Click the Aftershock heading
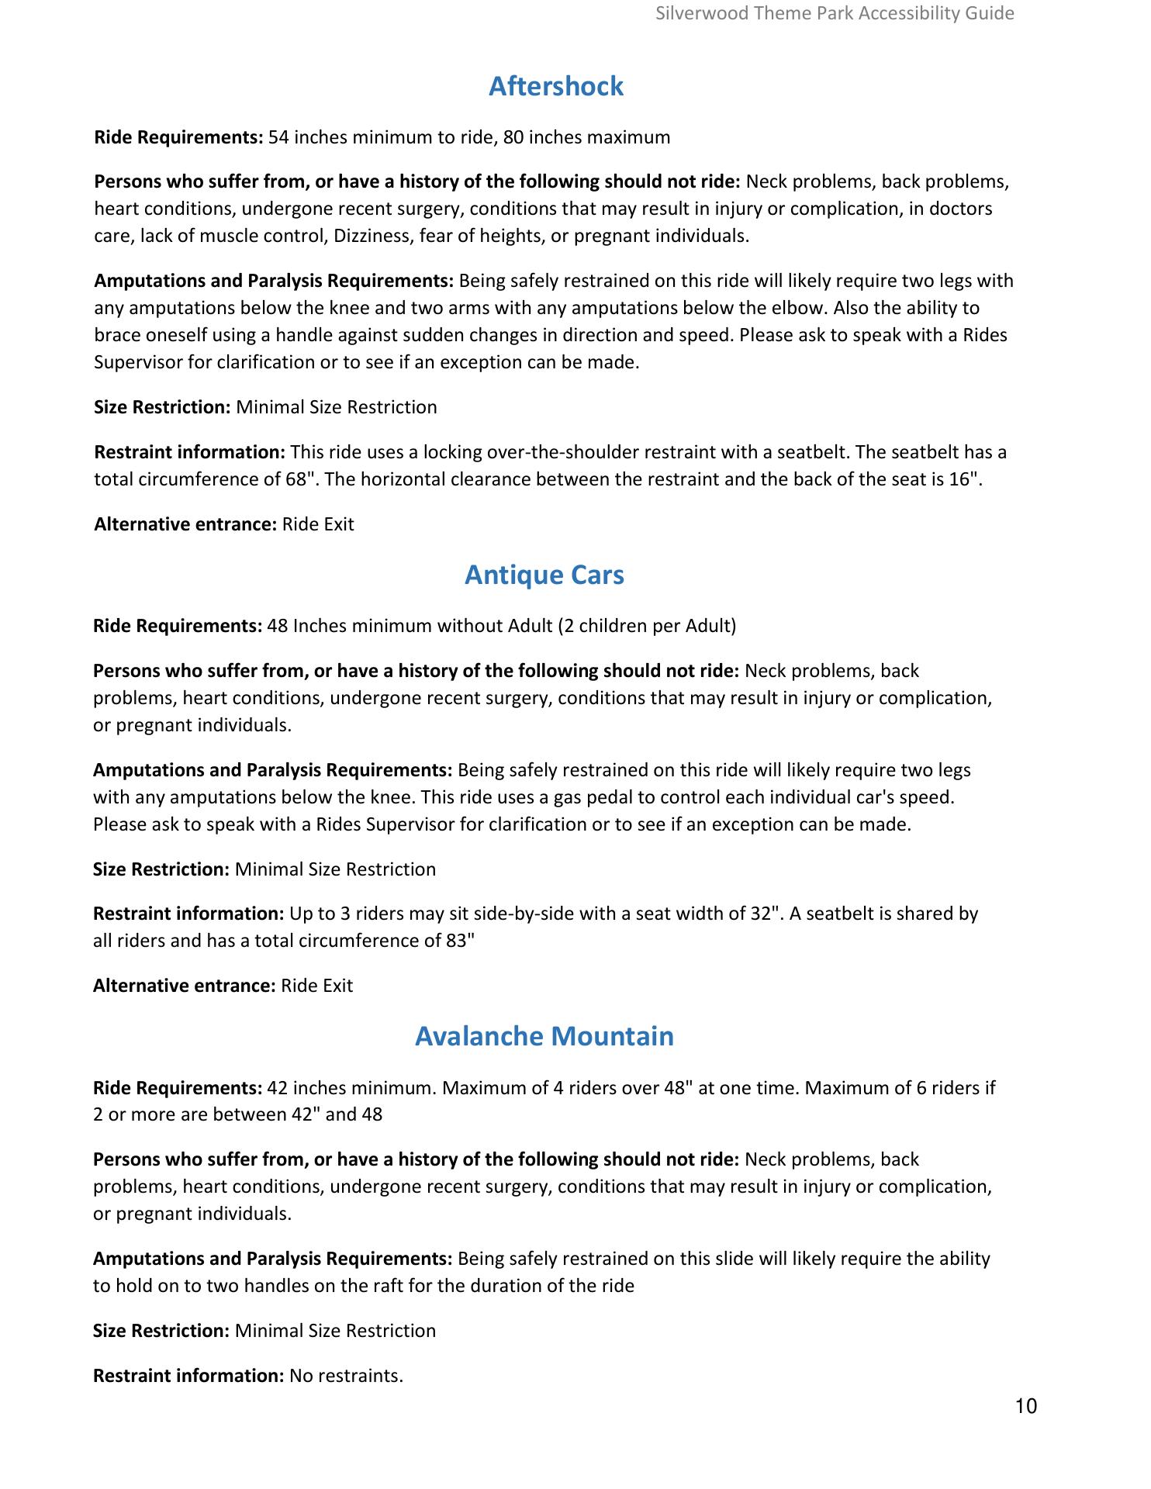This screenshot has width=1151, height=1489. (x=555, y=86)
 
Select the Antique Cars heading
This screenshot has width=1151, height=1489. (x=544, y=575)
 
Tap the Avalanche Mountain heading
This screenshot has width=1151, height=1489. (x=544, y=1036)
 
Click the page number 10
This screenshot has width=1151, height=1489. (x=1025, y=1406)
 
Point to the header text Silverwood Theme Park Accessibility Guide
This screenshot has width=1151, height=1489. (x=835, y=13)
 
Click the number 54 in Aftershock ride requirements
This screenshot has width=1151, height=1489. (x=278, y=138)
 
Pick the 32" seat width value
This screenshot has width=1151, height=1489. (x=765, y=914)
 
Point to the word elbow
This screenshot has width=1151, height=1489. (x=804, y=308)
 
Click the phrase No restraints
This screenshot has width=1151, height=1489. (x=346, y=1376)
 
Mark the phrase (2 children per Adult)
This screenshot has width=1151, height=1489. (x=647, y=626)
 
